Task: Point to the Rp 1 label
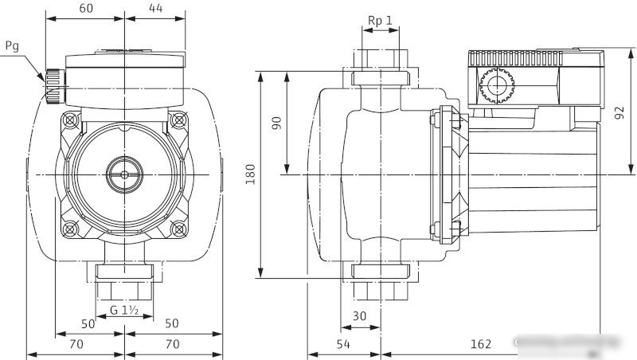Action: click(x=381, y=20)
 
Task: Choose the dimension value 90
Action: click(x=277, y=123)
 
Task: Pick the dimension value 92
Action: click(x=619, y=112)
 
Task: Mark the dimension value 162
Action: click(x=480, y=344)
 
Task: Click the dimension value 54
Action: click(x=343, y=344)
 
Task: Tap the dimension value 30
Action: click(x=360, y=316)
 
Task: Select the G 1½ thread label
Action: click(x=125, y=309)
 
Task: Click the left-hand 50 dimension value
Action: click(x=88, y=323)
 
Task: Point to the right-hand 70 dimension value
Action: click(x=170, y=344)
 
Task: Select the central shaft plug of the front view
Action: click(x=124, y=171)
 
